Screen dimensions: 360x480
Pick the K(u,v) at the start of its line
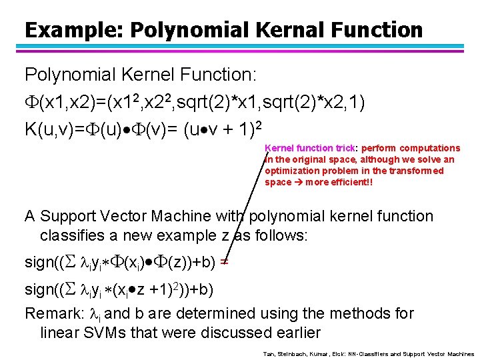[47, 126]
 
